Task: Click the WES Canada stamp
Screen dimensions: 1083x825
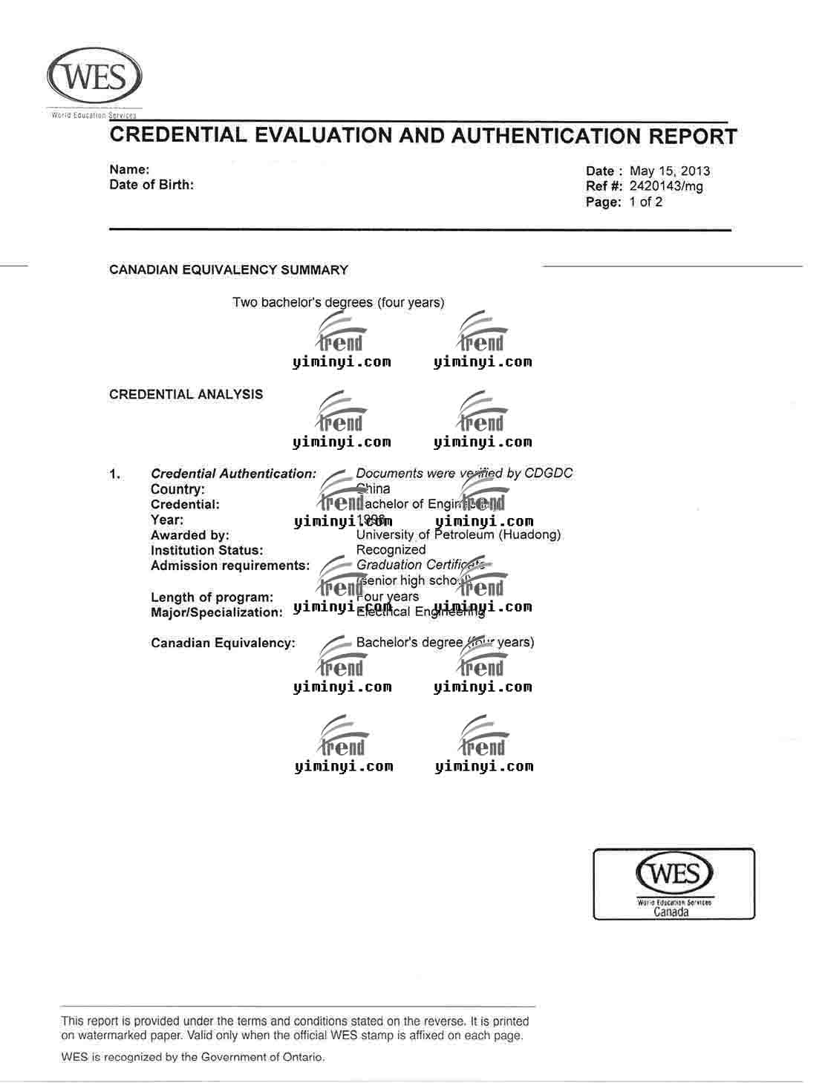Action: [x=674, y=883]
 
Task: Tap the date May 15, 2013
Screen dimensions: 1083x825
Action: [x=670, y=171]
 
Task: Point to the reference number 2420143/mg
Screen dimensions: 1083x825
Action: [x=666, y=186]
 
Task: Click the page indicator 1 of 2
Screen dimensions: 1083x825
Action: [x=646, y=202]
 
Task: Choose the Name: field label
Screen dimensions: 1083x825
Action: [x=129, y=170]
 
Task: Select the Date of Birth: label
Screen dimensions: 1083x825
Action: [x=151, y=185]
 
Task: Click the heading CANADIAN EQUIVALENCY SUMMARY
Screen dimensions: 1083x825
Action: [x=229, y=270]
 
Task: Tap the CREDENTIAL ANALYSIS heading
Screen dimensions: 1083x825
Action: [x=186, y=394]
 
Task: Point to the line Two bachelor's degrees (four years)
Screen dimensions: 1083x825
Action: [x=339, y=302]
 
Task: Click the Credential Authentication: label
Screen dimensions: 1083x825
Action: [x=233, y=474]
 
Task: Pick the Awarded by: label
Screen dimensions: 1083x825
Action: [x=190, y=535]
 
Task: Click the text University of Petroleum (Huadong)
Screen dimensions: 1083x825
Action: [x=458, y=534]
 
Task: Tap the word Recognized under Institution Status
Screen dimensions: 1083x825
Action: [x=391, y=550]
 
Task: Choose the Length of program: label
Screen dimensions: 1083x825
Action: [x=212, y=598]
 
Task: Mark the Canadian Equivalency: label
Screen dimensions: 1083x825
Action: [x=223, y=643]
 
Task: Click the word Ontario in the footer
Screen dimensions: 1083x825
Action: [x=301, y=1057]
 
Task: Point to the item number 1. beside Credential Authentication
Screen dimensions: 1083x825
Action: [x=115, y=474]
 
